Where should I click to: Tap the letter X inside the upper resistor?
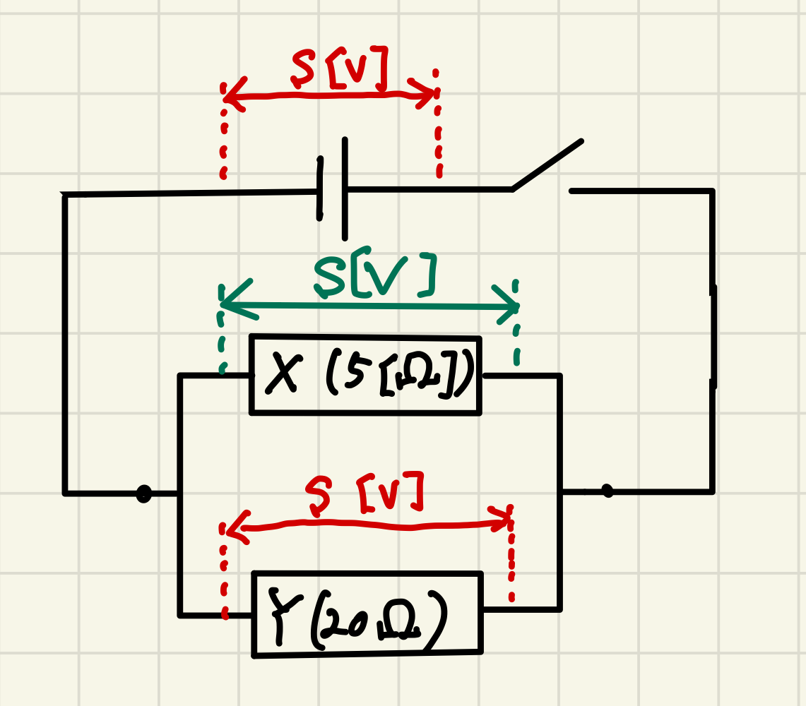point(282,373)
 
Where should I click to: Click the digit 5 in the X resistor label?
point(354,371)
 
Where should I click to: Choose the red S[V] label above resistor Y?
point(365,493)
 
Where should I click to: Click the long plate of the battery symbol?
point(345,189)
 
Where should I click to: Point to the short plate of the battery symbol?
point(320,189)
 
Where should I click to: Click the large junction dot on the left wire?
point(144,493)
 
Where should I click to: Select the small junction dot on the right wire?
point(608,491)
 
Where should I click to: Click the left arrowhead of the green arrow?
point(234,303)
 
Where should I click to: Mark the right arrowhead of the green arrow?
point(506,305)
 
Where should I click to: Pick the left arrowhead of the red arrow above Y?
point(237,527)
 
